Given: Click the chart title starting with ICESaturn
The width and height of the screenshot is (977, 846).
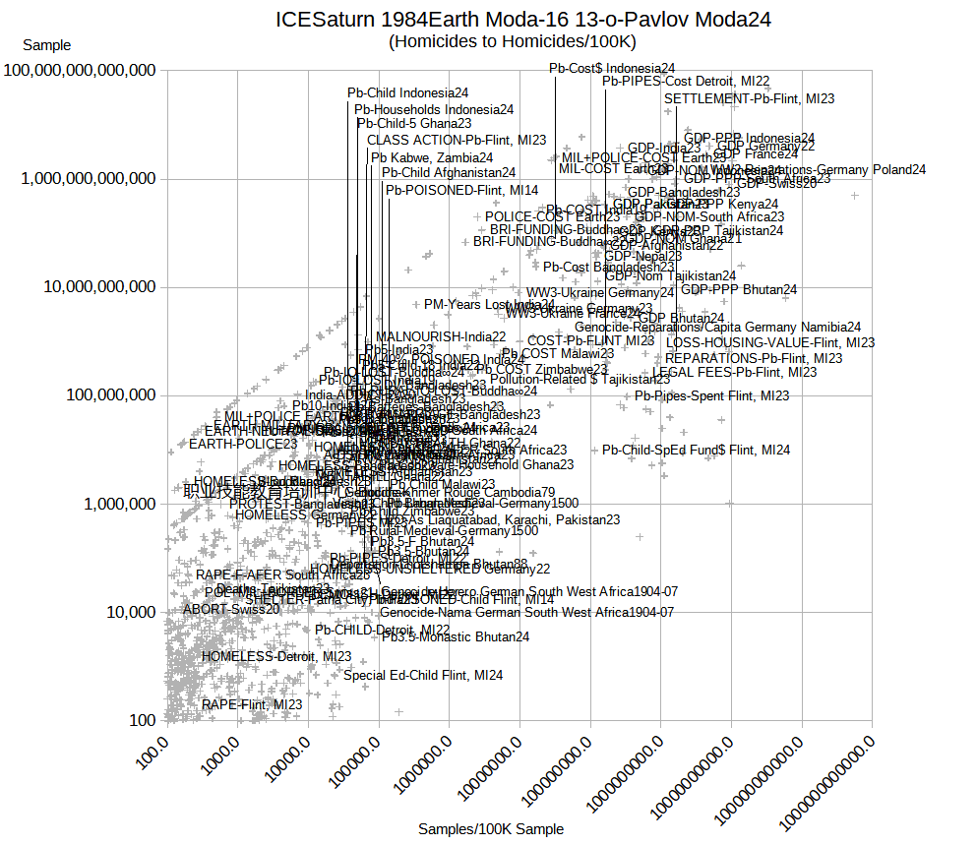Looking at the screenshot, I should coord(522,20).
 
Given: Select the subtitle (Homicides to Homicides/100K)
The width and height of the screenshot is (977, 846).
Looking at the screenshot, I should coord(513,41).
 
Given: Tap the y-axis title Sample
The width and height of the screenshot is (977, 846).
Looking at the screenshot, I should coord(46,45).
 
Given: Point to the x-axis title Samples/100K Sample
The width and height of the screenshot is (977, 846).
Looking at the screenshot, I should coord(491,829).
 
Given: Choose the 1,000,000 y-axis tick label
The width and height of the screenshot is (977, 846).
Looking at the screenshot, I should coord(111,504).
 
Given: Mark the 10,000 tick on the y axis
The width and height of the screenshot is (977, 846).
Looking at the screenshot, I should coord(125,612).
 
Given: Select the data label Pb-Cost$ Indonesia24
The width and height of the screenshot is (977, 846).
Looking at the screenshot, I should coord(612,69).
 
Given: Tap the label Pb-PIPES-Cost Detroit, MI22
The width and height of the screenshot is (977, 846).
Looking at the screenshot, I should coord(686,82).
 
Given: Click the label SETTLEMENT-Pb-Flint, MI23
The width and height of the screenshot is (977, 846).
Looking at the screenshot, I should coord(749,99).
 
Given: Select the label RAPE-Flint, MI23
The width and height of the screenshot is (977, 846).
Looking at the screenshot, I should coord(252,705).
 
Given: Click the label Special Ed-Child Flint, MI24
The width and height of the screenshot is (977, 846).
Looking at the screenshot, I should coord(423,676).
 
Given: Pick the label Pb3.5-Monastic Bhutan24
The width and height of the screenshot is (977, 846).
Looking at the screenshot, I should coord(456,637).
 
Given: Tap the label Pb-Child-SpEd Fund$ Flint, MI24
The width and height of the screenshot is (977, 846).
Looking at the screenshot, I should coord(696,451).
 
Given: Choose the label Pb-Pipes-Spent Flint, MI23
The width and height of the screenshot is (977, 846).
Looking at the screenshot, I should coord(711,396).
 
